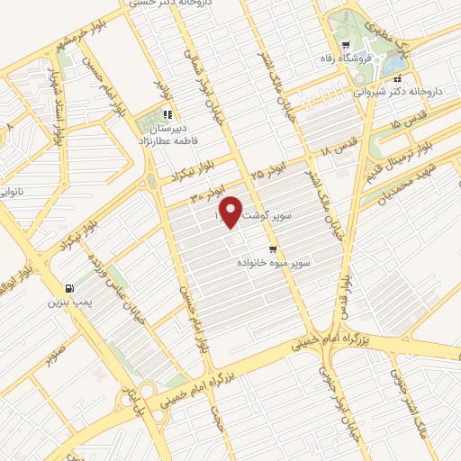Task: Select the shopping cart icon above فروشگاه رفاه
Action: point(345,45)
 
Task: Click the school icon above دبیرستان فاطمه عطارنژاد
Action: point(167,114)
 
